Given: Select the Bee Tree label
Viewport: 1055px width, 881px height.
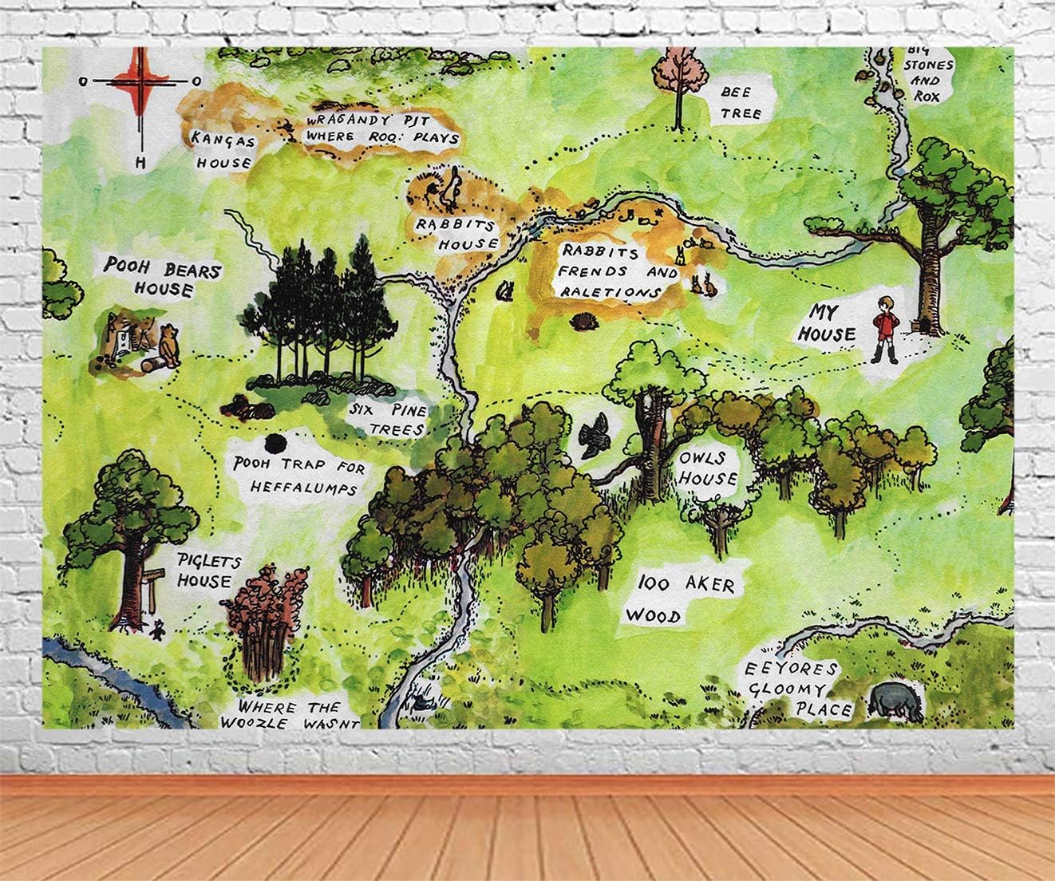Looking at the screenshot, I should point(741,104).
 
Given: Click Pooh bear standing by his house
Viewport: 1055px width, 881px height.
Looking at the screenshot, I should point(168,346).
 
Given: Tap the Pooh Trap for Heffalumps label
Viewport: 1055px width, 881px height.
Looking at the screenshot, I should point(293,476).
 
